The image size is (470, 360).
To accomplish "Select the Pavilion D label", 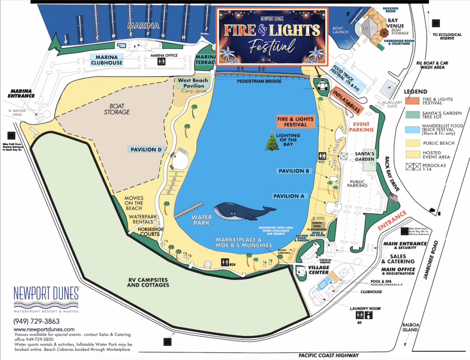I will click(x=146, y=149).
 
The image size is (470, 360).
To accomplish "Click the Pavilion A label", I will click(x=289, y=196).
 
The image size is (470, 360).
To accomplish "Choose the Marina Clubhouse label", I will click(x=106, y=60).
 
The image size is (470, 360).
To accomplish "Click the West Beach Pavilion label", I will click(x=193, y=83).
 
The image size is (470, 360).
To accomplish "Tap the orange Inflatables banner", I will click(x=347, y=101).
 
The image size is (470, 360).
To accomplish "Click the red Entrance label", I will click(x=392, y=220).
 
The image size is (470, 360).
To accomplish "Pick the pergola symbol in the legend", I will click(x=412, y=166).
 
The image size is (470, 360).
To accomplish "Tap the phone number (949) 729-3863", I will click(x=36, y=321).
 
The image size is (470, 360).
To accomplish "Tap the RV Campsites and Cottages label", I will click(x=148, y=281).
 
